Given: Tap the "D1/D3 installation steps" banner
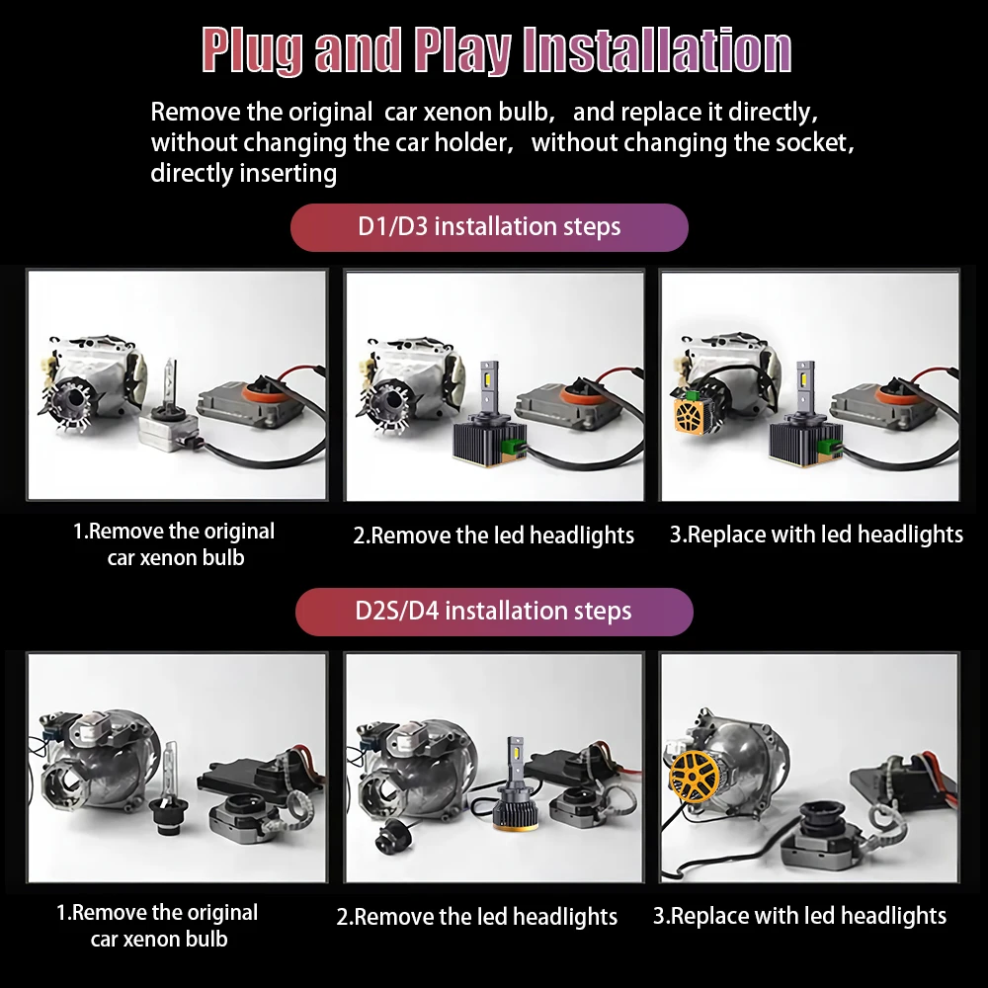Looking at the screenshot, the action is pos(489,227).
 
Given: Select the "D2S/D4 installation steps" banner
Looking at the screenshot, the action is pos(493,611).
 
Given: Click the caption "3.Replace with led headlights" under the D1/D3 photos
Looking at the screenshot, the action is pos(816,535).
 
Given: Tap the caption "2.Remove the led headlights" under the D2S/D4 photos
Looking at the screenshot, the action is pos(477,917).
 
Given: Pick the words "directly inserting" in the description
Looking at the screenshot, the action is pos(244,174).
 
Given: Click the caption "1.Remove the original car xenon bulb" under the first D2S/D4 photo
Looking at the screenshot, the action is pos(158,926).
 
